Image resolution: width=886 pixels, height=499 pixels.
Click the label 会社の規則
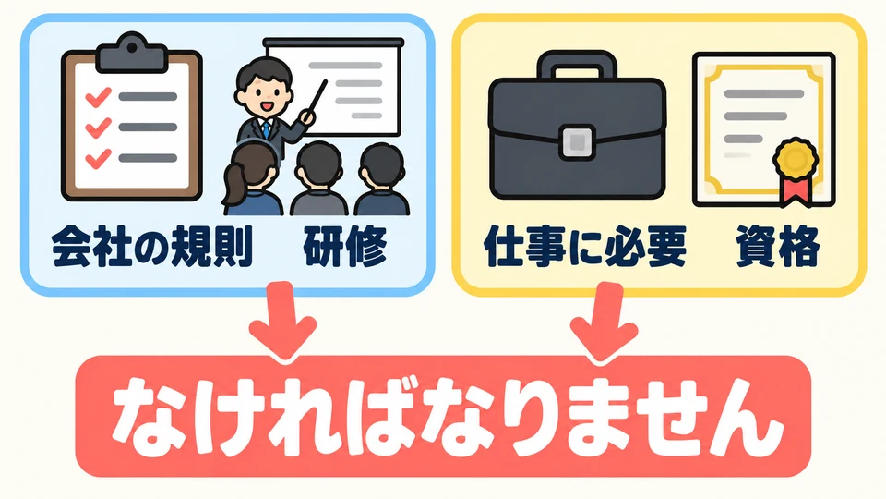(151, 247)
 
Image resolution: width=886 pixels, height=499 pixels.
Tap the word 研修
(345, 247)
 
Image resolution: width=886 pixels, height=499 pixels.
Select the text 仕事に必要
(585, 247)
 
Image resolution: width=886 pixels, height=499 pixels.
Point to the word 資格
(777, 247)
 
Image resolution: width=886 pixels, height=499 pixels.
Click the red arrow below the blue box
(281, 321)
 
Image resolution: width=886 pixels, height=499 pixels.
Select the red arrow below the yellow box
(604, 323)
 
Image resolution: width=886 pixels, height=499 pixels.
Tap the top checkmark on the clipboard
(98, 96)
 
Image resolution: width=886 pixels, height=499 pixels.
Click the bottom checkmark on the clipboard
(98, 158)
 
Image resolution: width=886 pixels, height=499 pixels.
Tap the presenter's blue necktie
(265, 128)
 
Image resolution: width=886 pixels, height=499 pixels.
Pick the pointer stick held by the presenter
(316, 101)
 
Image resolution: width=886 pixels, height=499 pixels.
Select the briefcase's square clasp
(577, 141)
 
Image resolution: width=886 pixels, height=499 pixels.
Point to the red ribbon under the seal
(796, 190)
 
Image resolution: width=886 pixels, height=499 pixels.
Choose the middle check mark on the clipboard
(98, 128)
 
